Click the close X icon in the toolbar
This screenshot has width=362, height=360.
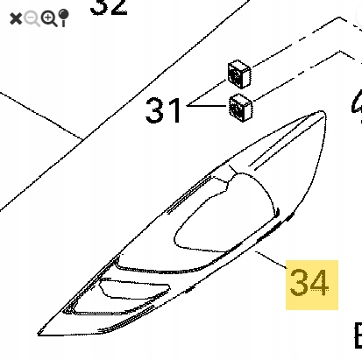click(x=15, y=18)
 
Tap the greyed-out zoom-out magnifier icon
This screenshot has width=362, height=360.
click(x=32, y=18)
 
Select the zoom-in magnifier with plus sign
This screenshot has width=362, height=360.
click(x=49, y=18)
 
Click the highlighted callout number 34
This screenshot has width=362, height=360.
click(x=310, y=283)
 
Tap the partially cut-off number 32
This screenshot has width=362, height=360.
click(x=109, y=7)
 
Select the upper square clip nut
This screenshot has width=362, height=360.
click(x=239, y=74)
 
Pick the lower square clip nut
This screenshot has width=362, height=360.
click(x=238, y=107)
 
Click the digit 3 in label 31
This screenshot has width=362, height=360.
click(x=156, y=110)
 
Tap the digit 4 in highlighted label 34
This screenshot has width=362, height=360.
click(x=322, y=283)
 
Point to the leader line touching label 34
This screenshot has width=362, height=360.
click(x=273, y=260)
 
